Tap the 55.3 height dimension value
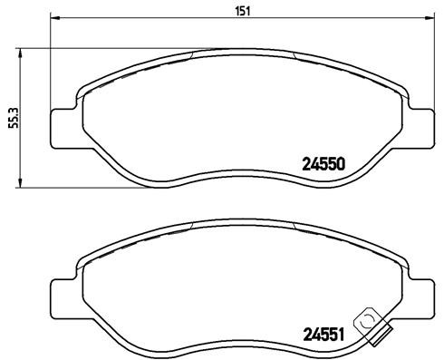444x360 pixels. [12, 118]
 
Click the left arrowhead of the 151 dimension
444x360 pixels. [53, 20]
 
